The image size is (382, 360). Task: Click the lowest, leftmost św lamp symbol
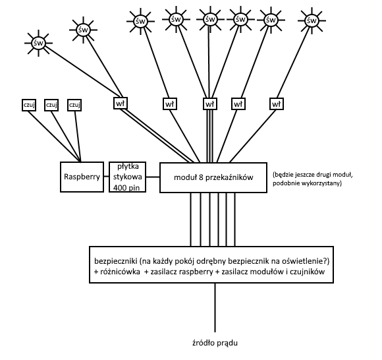click(x=38, y=43)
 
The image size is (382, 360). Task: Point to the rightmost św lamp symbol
click(x=312, y=20)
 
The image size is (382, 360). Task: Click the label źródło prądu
click(x=215, y=343)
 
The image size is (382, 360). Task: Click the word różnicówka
click(x=120, y=272)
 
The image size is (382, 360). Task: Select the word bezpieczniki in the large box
click(x=116, y=261)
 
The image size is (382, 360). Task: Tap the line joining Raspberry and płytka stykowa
click(x=107, y=176)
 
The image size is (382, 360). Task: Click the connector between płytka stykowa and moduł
click(x=153, y=177)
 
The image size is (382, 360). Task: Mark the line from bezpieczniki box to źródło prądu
click(x=215, y=307)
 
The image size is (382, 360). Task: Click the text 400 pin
click(x=126, y=188)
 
